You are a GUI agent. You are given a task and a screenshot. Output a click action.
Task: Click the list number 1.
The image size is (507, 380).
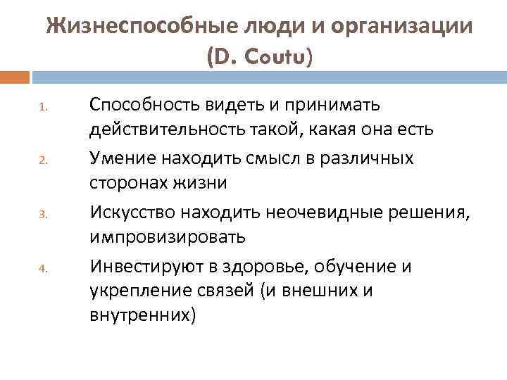coord(42,109)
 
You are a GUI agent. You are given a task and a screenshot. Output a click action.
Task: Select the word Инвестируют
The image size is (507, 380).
coord(146,266)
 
